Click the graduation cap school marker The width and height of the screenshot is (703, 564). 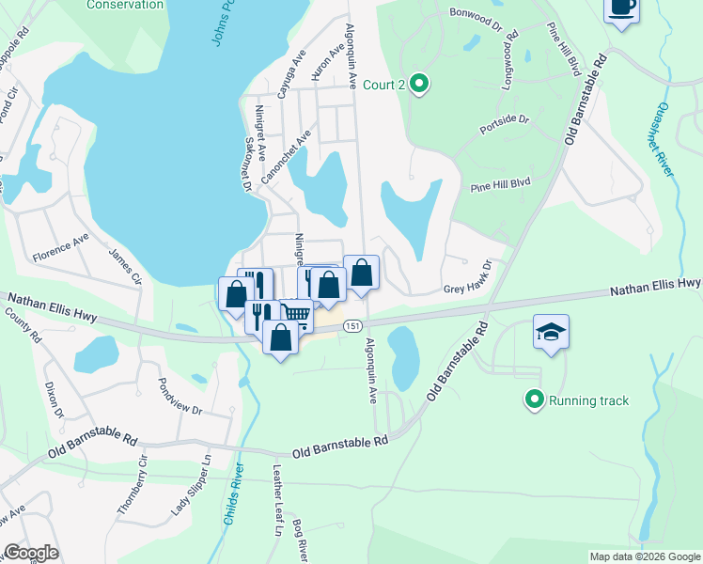pyautogui.click(x=552, y=332)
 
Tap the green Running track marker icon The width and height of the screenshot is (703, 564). pyautogui.click(x=535, y=400)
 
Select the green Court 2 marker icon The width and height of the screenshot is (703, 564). pyautogui.click(x=421, y=86)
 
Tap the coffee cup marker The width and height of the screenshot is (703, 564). pyautogui.click(x=621, y=8)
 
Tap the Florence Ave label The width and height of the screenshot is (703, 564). pyautogui.click(x=60, y=250)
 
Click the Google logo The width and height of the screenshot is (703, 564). pyautogui.click(x=30, y=553)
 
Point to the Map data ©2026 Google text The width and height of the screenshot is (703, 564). pyautogui.click(x=644, y=556)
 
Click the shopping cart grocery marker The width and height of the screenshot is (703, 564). pyautogui.click(x=296, y=313)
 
